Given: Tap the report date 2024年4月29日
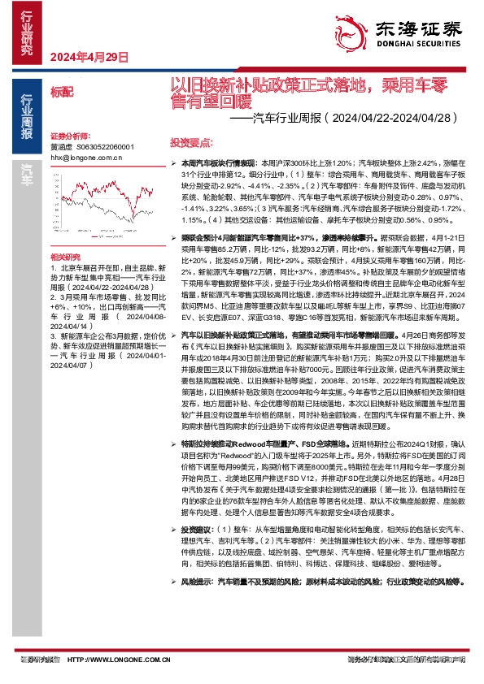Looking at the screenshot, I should (89, 58).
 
